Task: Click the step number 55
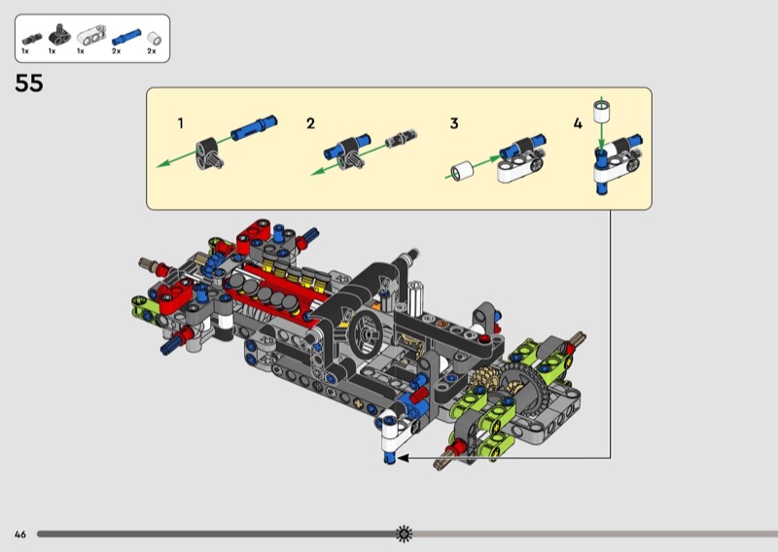point(29,84)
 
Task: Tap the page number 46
point(19,535)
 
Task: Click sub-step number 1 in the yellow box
point(181,123)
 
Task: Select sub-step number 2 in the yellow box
point(310,123)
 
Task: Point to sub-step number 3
point(454,123)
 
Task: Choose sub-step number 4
point(578,123)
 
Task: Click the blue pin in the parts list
point(126,37)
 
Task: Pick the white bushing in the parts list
point(155,39)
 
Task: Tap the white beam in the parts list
point(91,36)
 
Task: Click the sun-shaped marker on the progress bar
point(404,534)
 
